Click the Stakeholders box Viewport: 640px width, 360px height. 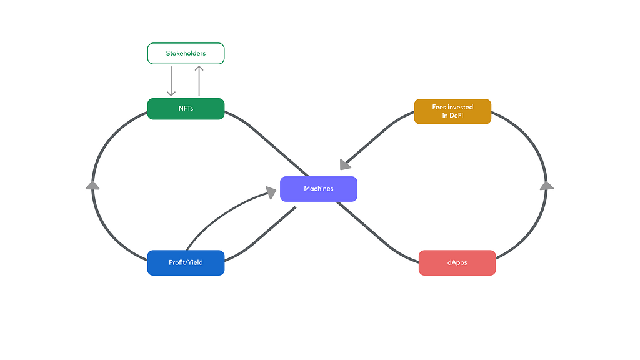click(186, 54)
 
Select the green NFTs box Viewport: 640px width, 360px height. click(186, 109)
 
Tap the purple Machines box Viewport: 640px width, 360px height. click(319, 189)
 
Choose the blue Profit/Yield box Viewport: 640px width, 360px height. click(186, 263)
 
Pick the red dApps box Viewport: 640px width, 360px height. click(457, 263)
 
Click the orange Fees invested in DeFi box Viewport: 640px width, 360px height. click(452, 111)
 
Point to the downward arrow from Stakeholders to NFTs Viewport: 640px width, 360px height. click(171, 81)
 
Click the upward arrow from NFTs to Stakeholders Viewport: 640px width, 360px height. click(199, 81)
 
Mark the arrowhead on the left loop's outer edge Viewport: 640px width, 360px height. click(92, 186)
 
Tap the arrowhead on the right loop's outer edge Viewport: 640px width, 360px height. click(546, 186)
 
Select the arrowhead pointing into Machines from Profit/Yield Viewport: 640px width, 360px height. click(271, 192)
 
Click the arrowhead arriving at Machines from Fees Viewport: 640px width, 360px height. click(345, 164)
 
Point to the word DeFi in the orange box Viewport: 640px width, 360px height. click(456, 116)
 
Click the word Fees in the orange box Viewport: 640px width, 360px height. click(439, 107)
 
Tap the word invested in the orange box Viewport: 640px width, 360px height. click(461, 107)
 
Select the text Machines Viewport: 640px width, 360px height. click(319, 189)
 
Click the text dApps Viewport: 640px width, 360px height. click(457, 262)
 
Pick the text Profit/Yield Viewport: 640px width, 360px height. click(186, 262)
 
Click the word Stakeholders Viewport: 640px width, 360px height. click(186, 53)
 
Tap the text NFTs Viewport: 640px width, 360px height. click(186, 108)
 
